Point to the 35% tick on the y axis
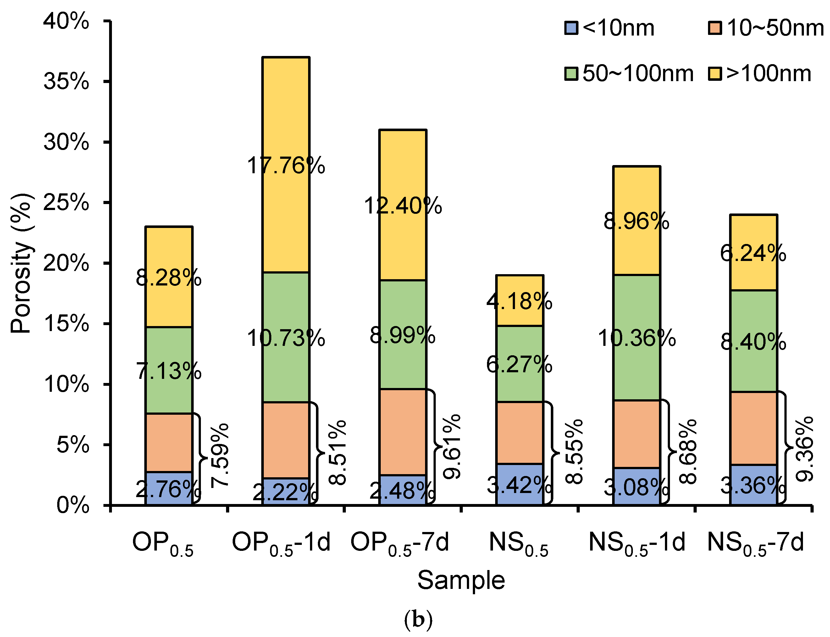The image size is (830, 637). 106,81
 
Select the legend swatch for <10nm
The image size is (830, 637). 571,28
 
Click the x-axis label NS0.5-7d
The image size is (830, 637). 755,542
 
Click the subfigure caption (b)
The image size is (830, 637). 418,620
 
